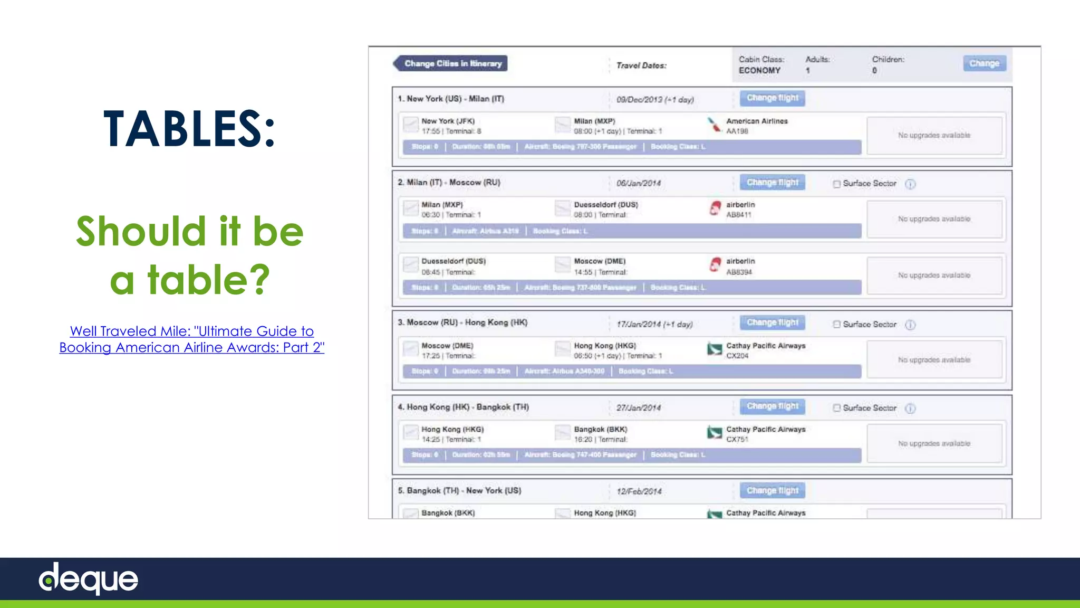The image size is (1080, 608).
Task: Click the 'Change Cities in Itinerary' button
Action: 451,63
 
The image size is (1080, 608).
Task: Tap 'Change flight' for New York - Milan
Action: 772,98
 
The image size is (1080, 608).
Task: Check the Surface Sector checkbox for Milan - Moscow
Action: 836,184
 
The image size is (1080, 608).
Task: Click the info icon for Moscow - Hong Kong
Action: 910,325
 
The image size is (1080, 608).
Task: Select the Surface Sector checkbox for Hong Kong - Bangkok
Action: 836,408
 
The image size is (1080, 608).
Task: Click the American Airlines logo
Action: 714,125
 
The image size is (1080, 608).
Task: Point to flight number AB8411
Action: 738,215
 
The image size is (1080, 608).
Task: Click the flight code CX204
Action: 737,356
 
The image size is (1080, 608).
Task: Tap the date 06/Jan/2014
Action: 638,183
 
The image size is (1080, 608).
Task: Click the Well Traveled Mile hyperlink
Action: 191,339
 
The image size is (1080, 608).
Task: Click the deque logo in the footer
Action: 89,578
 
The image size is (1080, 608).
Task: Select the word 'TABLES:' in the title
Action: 189,128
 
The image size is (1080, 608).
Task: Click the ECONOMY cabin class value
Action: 759,71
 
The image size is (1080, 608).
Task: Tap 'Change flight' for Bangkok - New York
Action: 772,491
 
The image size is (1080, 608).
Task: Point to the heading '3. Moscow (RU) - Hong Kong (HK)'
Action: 462,322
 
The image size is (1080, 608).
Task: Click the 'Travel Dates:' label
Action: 641,65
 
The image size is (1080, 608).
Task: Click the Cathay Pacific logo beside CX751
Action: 714,433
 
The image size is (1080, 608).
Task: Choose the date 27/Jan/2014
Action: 638,408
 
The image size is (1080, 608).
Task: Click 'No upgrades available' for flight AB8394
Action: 934,275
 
